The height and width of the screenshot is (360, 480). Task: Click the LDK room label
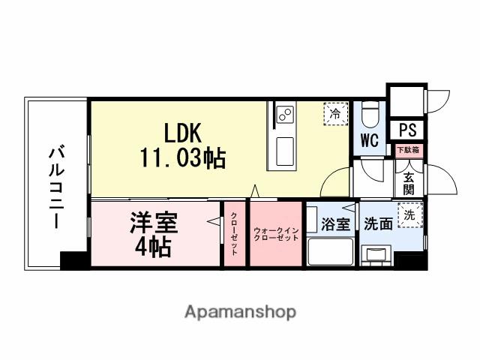pyautogui.click(x=179, y=133)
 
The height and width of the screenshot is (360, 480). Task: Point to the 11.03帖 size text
pyautogui.click(x=182, y=158)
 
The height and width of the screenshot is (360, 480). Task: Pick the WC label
pyautogui.click(x=368, y=139)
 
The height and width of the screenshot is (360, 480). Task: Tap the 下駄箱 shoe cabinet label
pyautogui.click(x=408, y=149)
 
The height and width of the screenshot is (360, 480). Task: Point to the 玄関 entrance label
pyautogui.click(x=409, y=184)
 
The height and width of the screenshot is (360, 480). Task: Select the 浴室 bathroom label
pyautogui.click(x=334, y=223)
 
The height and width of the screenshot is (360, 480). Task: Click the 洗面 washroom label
pyautogui.click(x=377, y=223)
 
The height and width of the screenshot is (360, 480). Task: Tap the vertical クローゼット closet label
pyautogui.click(x=234, y=234)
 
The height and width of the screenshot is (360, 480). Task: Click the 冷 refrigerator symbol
pyautogui.click(x=335, y=115)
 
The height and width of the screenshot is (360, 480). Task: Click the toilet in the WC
pyautogui.click(x=368, y=115)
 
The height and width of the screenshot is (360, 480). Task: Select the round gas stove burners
pyautogui.click(x=285, y=115)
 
